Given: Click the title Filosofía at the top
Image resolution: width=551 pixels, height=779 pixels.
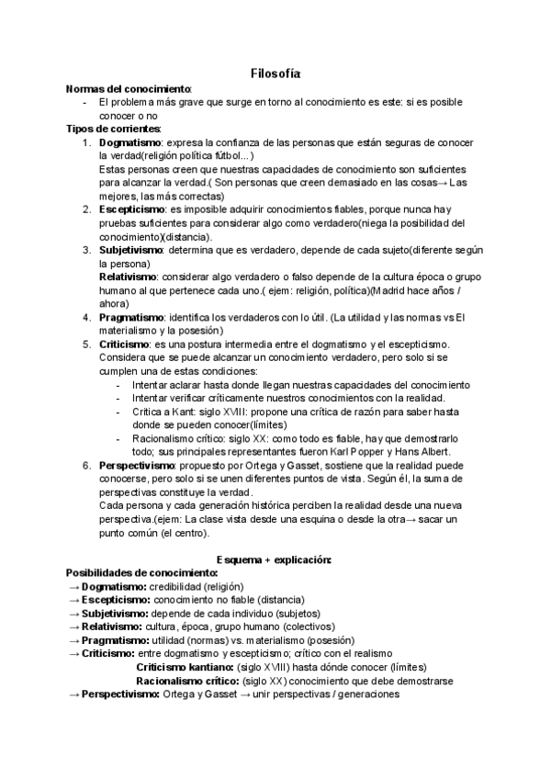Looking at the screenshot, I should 275,73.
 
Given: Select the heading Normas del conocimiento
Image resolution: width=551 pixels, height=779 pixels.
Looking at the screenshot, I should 129,89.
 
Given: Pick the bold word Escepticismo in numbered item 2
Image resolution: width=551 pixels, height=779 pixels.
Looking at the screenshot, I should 133,209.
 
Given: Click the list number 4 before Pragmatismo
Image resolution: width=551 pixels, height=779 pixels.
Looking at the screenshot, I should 85,317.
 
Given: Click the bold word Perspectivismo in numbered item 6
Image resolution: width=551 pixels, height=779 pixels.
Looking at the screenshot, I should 138,465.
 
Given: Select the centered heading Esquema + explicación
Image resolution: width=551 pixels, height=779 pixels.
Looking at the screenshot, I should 274,559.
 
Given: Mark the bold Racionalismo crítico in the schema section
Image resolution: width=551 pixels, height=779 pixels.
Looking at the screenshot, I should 187,681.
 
